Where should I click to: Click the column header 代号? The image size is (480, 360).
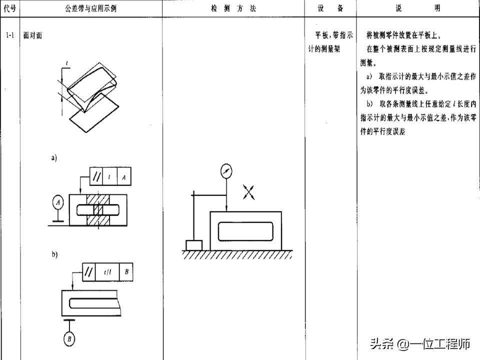coord(10,9)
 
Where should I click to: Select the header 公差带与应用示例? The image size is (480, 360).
coord(91,9)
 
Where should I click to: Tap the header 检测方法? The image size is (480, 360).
coord(233,9)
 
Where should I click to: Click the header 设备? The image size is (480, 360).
coord(330,9)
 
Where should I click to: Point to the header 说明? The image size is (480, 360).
coord(418,9)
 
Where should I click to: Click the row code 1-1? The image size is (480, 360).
coord(10,36)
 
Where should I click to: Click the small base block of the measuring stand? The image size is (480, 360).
coord(194,245)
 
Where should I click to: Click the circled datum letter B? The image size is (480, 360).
coord(68,340)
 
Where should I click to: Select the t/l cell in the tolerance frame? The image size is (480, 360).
coord(108,272)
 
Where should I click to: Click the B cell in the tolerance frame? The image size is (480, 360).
coord(127,272)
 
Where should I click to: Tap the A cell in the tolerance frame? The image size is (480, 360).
coord(123,176)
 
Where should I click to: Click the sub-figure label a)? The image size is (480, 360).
coord(54,158)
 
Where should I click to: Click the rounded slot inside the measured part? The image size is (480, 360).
coord(245,230)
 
